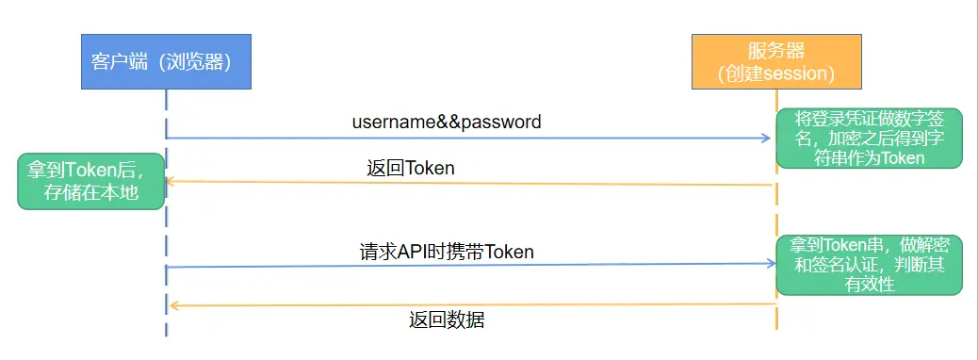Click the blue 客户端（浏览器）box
pyautogui.click(x=167, y=61)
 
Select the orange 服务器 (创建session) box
pyautogui.click(x=776, y=61)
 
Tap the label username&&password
pyautogui.click(x=447, y=122)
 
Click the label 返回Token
pyautogui.click(x=411, y=169)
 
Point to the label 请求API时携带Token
pyautogui.click(x=447, y=252)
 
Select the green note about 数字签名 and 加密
pyautogui.click(x=869, y=139)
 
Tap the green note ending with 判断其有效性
pyautogui.click(x=869, y=263)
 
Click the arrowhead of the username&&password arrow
pyautogui.click(x=766, y=139)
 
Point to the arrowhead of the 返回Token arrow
pyautogui.click(x=172, y=181)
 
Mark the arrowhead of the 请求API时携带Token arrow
pyautogui.click(x=767, y=264)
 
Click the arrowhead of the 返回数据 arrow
pyautogui.click(x=172, y=305)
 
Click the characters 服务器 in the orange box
pyautogui.click(x=776, y=51)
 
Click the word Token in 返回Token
pyautogui.click(x=430, y=169)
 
